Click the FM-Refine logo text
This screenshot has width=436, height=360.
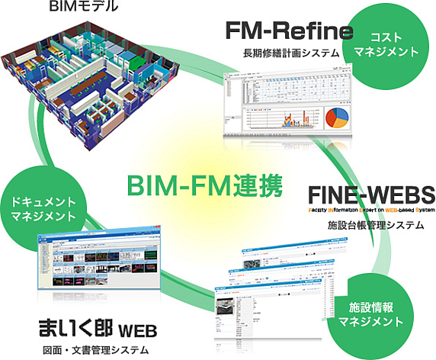pos(289,31)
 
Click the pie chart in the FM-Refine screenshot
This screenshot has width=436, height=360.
pos(336,118)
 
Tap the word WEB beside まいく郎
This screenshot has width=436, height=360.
pos(137,329)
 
